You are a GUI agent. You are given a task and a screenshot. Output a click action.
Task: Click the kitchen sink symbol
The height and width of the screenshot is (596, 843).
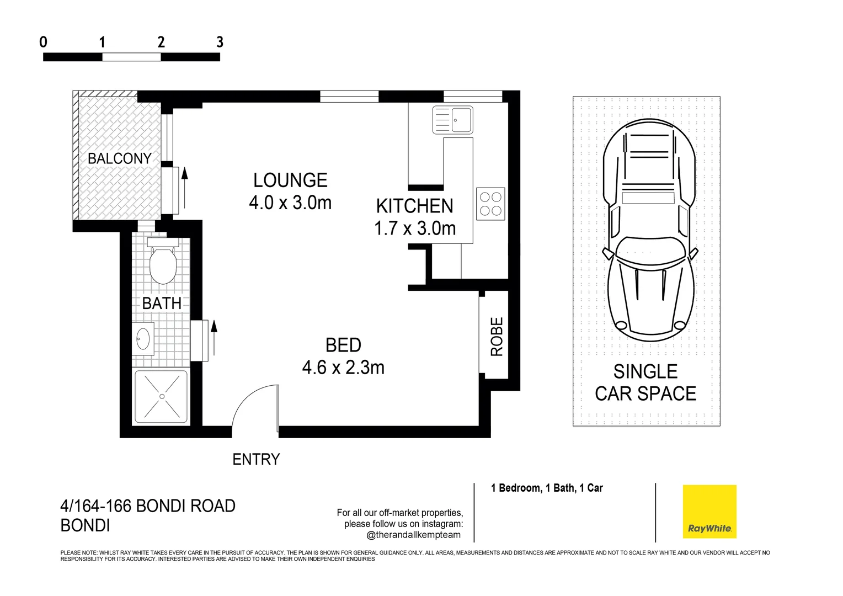pyautogui.click(x=452, y=120)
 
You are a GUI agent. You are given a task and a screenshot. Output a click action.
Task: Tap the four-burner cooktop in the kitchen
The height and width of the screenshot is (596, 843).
pyautogui.click(x=490, y=204)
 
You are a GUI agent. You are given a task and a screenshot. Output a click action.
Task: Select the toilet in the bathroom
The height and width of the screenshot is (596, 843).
pyautogui.click(x=163, y=263)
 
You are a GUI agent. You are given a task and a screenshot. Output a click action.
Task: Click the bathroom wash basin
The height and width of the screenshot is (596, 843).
pyautogui.click(x=143, y=338)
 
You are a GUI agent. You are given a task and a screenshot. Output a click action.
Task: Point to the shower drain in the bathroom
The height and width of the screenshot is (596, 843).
pyautogui.click(x=162, y=396)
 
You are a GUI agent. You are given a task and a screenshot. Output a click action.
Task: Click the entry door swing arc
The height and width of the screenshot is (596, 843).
pyautogui.click(x=248, y=403)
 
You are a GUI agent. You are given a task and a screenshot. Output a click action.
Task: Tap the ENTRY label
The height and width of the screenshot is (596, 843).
pyautogui.click(x=256, y=459)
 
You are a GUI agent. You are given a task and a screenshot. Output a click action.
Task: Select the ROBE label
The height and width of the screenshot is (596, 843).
pyautogui.click(x=497, y=336)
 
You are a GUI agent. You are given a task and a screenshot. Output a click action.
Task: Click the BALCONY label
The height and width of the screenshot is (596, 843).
pyautogui.click(x=119, y=158)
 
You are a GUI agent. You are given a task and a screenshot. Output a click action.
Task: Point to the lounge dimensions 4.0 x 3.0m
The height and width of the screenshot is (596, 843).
pyautogui.click(x=290, y=203)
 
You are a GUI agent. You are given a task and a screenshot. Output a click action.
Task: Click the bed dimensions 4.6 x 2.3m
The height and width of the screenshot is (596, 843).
pyautogui.click(x=343, y=368)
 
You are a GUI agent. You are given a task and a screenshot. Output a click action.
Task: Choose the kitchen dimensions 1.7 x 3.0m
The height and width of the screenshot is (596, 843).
pyautogui.click(x=415, y=228)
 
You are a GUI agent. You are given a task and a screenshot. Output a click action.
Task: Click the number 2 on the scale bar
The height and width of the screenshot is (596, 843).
pyautogui.click(x=161, y=42)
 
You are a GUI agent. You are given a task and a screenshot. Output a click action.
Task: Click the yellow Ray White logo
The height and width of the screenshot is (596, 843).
pyautogui.click(x=709, y=512)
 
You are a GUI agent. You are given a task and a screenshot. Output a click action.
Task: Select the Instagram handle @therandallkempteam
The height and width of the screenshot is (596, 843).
pyautogui.click(x=413, y=535)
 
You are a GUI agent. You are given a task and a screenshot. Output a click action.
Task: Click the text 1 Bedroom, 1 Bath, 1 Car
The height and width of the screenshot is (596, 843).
pyautogui.click(x=547, y=488)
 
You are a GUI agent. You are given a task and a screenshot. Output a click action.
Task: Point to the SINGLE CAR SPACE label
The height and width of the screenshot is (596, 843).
pyautogui.click(x=645, y=382)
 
